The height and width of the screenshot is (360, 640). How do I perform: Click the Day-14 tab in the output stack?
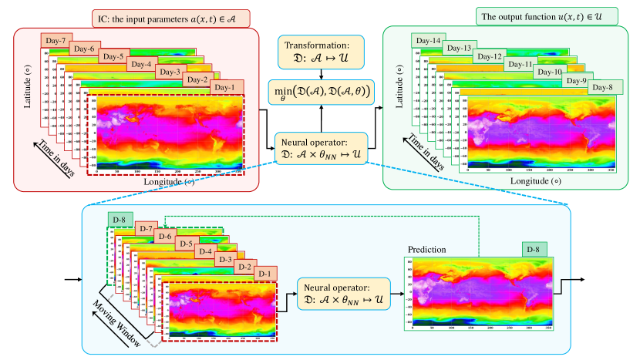[426, 41]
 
